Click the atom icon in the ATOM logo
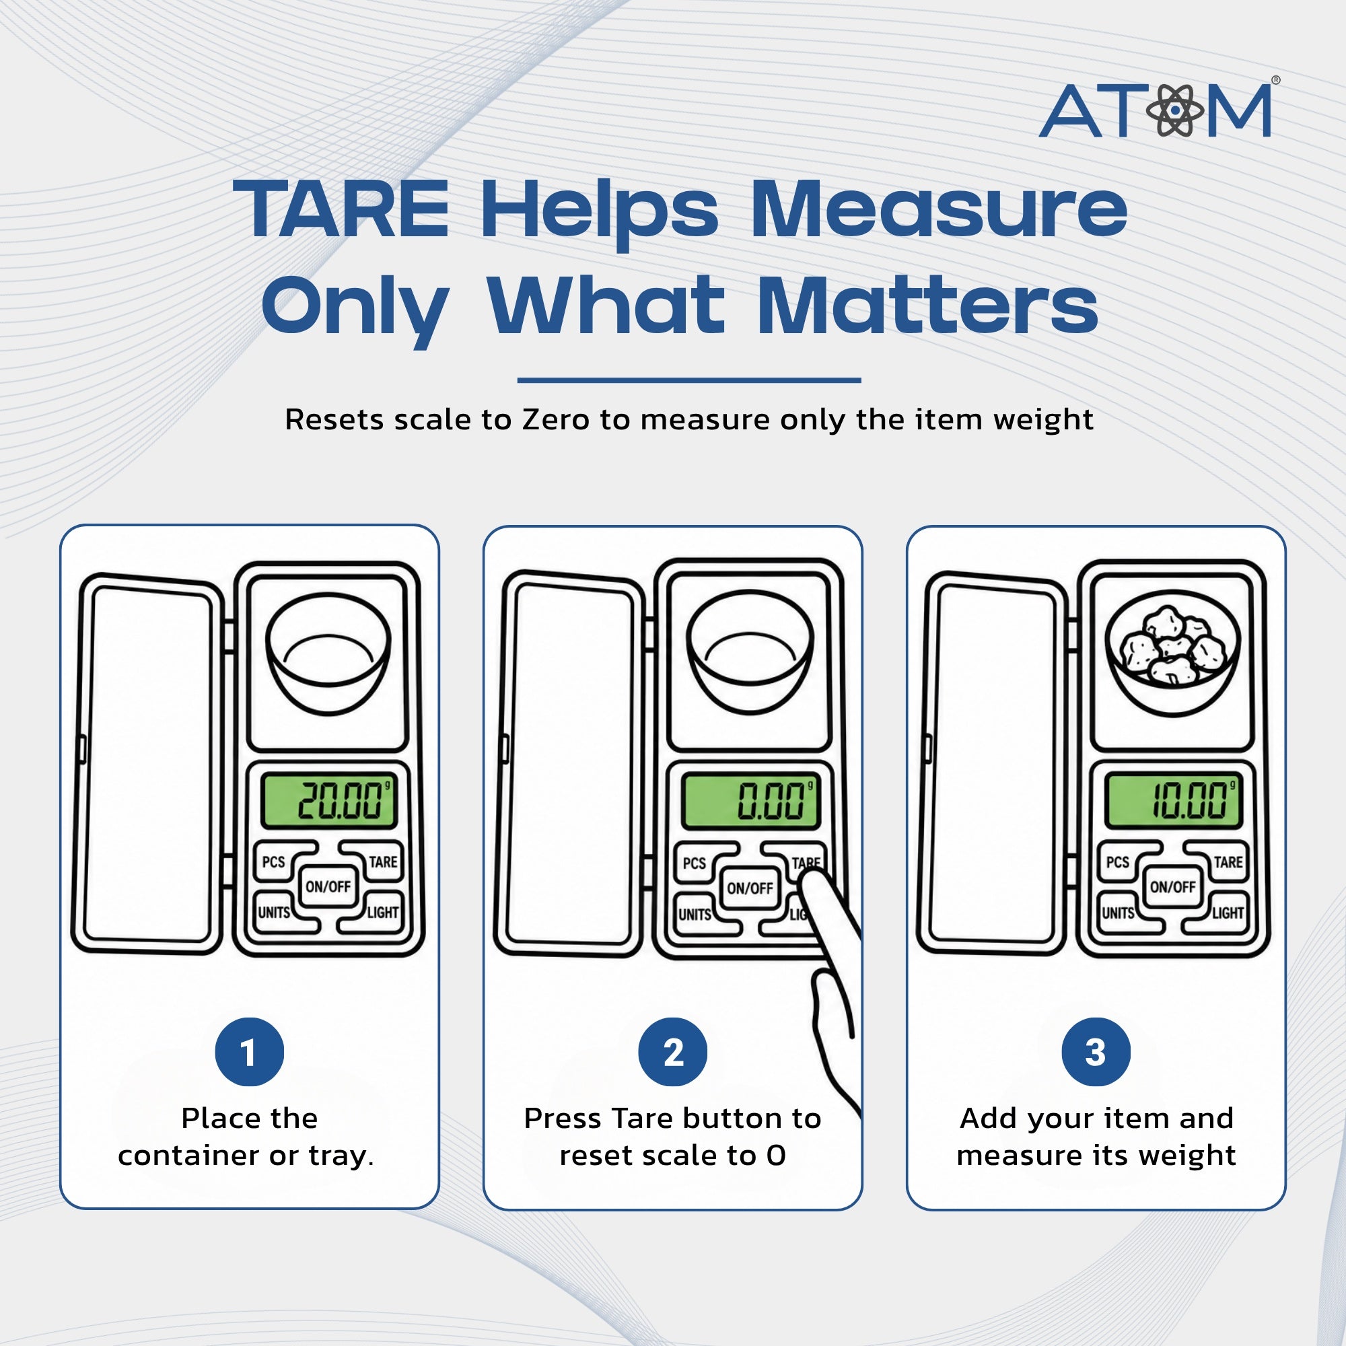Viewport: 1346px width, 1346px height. coord(1175,110)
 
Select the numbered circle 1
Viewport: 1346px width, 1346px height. coord(250,1052)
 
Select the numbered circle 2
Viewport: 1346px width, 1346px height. coord(673,1052)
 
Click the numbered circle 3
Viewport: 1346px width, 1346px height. coord(1096,1052)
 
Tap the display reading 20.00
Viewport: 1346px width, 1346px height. coord(328,800)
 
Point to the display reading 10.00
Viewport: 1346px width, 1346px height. coord(1173,800)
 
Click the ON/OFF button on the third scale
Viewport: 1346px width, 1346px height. coord(1173,887)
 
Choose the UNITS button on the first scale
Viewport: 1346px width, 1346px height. coord(279,912)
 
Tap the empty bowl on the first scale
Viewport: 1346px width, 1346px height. coord(328,653)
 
